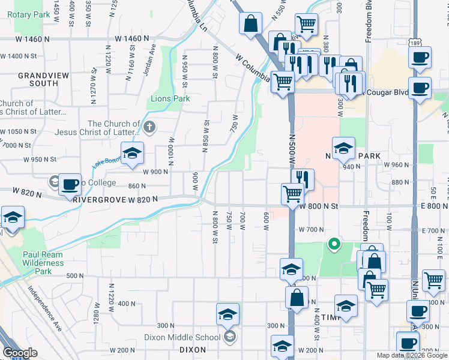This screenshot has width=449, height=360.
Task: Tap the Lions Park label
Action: point(170,98)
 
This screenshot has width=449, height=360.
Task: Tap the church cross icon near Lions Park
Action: point(149,127)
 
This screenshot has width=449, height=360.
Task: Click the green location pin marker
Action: point(333,244)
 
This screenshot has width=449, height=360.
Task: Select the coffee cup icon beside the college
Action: point(70,185)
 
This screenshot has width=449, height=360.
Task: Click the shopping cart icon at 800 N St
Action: point(292,194)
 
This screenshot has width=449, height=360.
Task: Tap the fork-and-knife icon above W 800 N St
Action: point(303,178)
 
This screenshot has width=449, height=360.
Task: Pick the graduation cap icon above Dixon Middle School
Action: point(228,314)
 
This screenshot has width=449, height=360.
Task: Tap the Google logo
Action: point(20,353)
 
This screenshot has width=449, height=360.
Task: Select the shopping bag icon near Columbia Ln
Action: point(250,24)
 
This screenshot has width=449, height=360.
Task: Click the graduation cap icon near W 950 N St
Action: point(132,152)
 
